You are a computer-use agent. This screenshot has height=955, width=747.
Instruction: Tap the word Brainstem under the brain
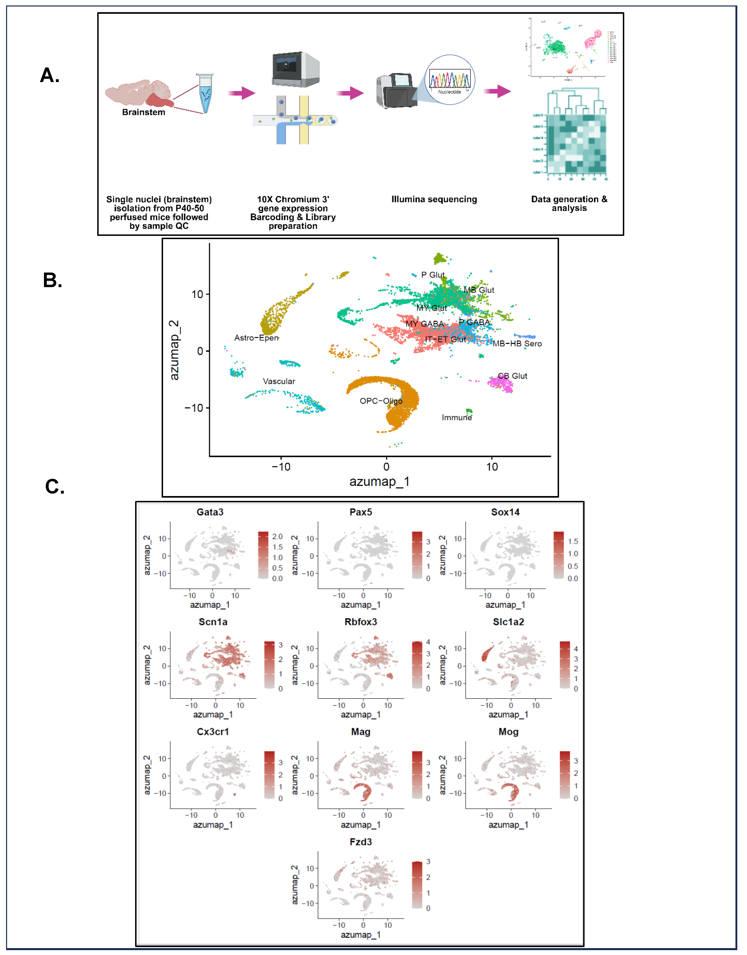click(143, 112)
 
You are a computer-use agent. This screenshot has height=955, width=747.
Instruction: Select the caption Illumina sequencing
click(434, 199)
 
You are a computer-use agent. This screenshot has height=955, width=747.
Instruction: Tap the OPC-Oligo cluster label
click(381, 401)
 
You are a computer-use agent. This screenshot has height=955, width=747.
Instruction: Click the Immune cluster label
click(457, 418)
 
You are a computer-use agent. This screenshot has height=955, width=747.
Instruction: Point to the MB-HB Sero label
click(517, 344)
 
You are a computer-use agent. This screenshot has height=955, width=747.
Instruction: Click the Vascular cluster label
click(279, 382)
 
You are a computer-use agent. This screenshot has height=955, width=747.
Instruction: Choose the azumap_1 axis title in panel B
click(379, 482)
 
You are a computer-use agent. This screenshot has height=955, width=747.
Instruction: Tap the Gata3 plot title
click(210, 512)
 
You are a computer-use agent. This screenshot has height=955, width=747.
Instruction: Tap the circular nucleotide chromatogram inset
click(450, 80)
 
